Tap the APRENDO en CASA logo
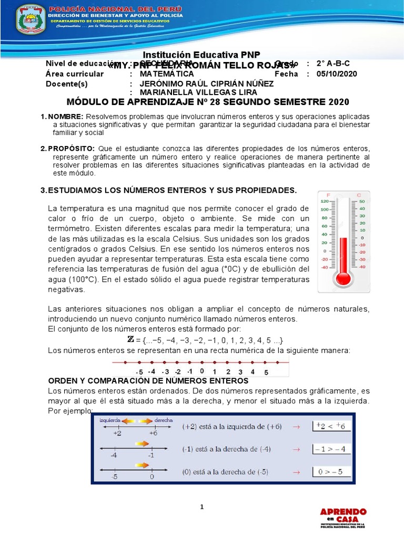[344, 517]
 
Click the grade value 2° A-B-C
[333, 64]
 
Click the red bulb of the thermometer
[344, 277]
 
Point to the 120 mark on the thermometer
[325, 201]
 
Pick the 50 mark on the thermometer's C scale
[361, 201]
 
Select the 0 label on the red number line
[202, 371]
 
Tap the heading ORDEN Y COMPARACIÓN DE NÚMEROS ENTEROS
[148, 380]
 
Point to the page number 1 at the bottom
[201, 506]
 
